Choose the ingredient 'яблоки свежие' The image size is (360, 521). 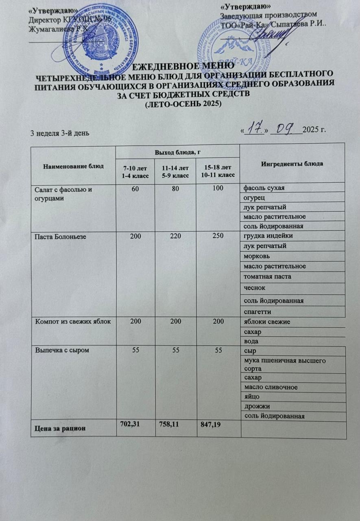[x=267, y=322]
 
